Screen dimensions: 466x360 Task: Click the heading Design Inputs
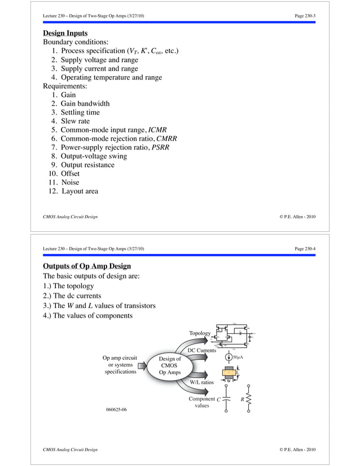point(65,33)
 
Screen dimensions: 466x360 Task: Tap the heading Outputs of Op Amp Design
point(87,266)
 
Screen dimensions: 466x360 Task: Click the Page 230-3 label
point(305,15)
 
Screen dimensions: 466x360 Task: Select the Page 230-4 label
point(305,248)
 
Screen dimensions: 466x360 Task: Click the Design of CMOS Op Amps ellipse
point(170,366)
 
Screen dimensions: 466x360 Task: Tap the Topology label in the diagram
point(200,333)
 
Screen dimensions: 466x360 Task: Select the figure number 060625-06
point(116,409)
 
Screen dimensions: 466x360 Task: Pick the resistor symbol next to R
point(250,401)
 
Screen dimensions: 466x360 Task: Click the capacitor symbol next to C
point(226,401)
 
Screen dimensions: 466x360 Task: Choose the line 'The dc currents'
point(72,296)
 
